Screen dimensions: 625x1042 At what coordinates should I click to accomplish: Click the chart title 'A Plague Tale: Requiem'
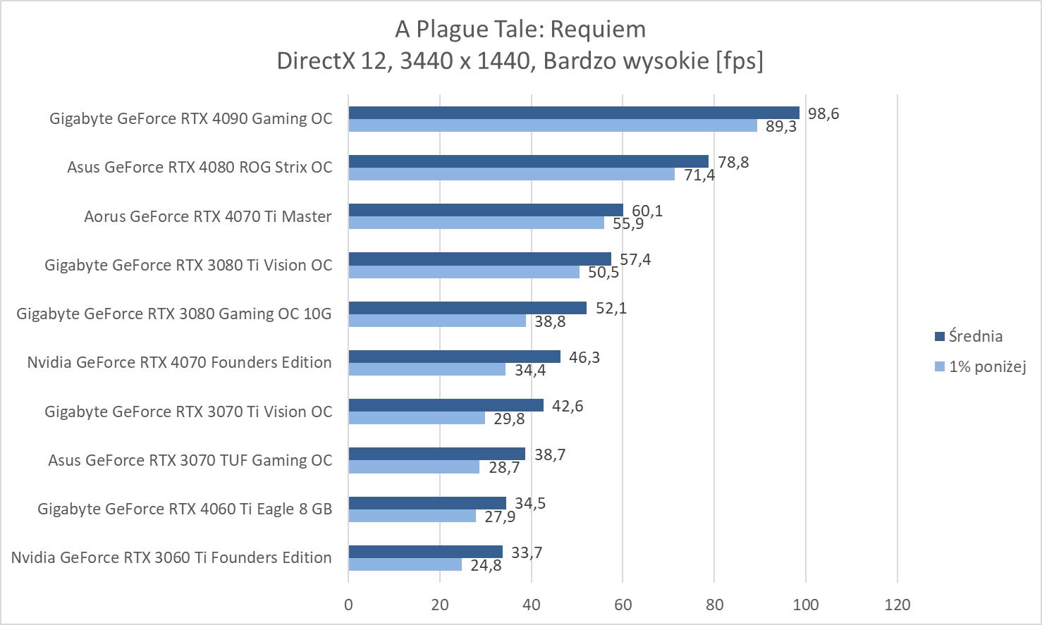tap(520, 29)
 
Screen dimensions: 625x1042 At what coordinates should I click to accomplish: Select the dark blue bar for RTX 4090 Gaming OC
tap(574, 113)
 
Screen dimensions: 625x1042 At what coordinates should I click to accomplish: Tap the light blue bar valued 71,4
tap(511, 174)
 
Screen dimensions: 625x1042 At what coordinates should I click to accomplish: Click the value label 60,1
tap(647, 211)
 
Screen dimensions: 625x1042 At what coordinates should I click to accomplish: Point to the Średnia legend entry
tap(975, 336)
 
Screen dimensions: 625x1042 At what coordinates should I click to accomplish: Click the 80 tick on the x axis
tap(714, 605)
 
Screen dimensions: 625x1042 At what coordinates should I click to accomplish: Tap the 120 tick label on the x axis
tap(897, 605)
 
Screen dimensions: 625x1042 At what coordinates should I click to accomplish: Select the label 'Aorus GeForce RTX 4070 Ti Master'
tap(207, 216)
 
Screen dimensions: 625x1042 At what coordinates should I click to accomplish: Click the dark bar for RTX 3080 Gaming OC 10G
tap(467, 308)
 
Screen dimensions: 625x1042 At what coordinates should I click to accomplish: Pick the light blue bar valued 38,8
tap(437, 321)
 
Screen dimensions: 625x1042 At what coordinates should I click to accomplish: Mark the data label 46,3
tap(584, 357)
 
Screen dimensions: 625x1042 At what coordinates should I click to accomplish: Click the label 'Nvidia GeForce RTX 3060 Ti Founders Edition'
tap(171, 557)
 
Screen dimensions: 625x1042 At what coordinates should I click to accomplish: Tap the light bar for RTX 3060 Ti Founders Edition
tap(405, 564)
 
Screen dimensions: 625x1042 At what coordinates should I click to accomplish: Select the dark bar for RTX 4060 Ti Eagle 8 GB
tap(427, 503)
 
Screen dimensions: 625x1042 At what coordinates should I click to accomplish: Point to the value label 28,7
tap(504, 467)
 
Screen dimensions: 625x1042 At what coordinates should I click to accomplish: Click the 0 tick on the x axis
tap(348, 605)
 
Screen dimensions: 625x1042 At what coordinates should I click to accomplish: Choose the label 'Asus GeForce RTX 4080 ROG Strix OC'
tap(200, 168)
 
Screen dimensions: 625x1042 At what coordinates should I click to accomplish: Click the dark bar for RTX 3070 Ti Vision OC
tap(446, 405)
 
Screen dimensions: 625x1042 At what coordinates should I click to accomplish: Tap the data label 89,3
tap(781, 127)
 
